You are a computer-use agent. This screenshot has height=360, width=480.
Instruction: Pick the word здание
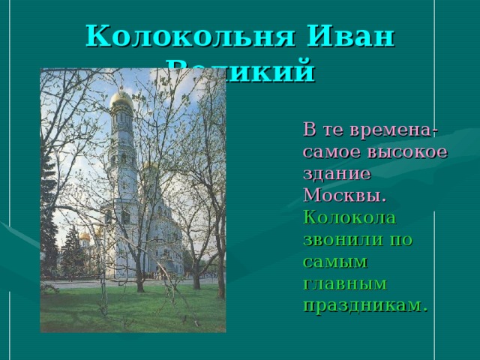[x=337, y=173]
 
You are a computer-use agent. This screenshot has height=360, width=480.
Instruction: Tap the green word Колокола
[x=349, y=217]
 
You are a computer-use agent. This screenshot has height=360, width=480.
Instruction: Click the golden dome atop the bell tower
[x=121, y=99]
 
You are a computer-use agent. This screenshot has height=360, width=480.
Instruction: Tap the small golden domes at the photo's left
[x=85, y=235]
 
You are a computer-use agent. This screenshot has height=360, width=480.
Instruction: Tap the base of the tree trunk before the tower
[x=139, y=288]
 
